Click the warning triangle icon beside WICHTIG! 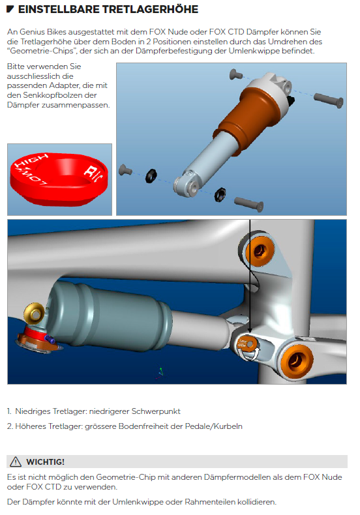pos(16,462)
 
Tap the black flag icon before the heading pos(10,9)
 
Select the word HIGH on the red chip pos(31,160)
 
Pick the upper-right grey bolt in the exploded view pos(329,100)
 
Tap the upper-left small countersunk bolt pos(235,74)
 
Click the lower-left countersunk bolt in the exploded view pos(125,169)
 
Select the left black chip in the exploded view pos(151,176)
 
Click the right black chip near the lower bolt pos(220,194)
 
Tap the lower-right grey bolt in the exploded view pos(248,204)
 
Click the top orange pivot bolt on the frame pos(260,252)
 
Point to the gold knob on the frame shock pos(34,314)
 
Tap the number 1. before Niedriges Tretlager pos(9,411)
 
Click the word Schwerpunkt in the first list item pos(156,411)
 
